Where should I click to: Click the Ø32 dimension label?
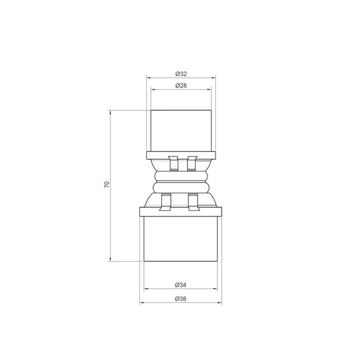tap(181, 74)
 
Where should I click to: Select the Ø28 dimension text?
tap(181, 86)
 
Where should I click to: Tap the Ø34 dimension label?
tap(181, 285)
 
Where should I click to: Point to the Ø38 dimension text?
tap(181, 299)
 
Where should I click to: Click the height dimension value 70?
tap(107, 185)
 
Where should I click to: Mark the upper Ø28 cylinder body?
tap(181, 131)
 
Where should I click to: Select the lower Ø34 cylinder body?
tap(181, 239)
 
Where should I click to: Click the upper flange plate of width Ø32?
tap(181, 155)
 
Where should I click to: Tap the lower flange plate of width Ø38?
tap(181, 211)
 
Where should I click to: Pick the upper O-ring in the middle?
tap(181, 177)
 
